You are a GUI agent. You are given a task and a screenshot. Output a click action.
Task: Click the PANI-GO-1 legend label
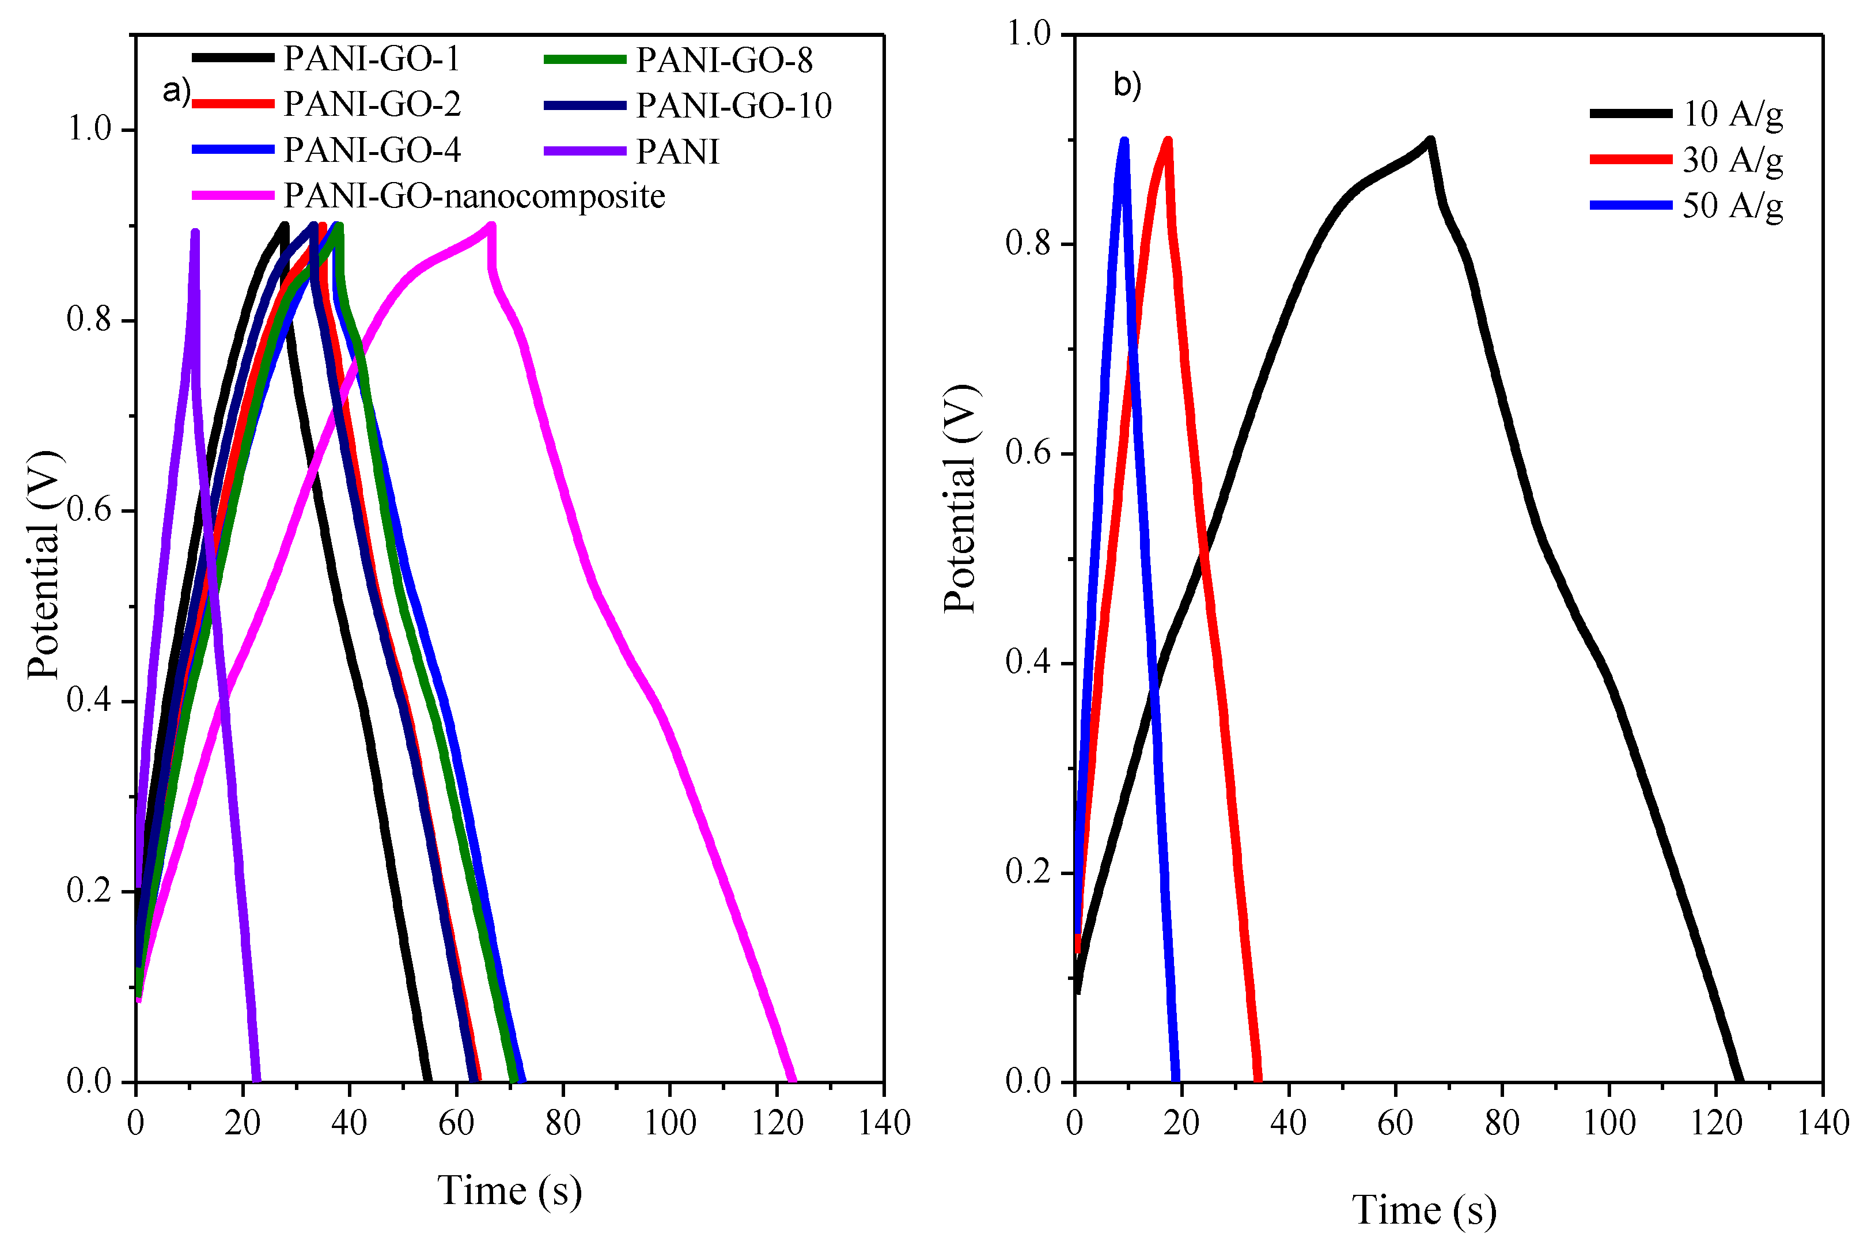coord(372,58)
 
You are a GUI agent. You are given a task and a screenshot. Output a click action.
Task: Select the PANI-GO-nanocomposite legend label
coord(475,196)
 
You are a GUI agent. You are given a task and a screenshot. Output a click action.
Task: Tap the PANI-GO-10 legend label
coord(733,105)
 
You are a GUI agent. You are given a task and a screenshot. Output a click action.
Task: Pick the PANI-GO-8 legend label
coord(724,60)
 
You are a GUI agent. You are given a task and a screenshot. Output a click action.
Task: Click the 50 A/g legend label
coord(1732,206)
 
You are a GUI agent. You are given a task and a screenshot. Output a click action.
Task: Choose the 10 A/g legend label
coord(1732,114)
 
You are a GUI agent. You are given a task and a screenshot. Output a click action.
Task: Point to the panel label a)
coord(176,91)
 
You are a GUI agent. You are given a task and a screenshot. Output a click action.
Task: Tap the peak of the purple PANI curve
coord(195,233)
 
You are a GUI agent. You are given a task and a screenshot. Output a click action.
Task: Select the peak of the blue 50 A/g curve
coord(1124,141)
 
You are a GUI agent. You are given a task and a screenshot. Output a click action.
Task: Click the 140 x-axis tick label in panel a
coord(884,1123)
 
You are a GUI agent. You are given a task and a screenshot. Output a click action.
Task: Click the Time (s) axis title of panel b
coord(1423,1210)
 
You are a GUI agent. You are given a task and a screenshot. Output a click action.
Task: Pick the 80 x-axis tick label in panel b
coord(1502,1123)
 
